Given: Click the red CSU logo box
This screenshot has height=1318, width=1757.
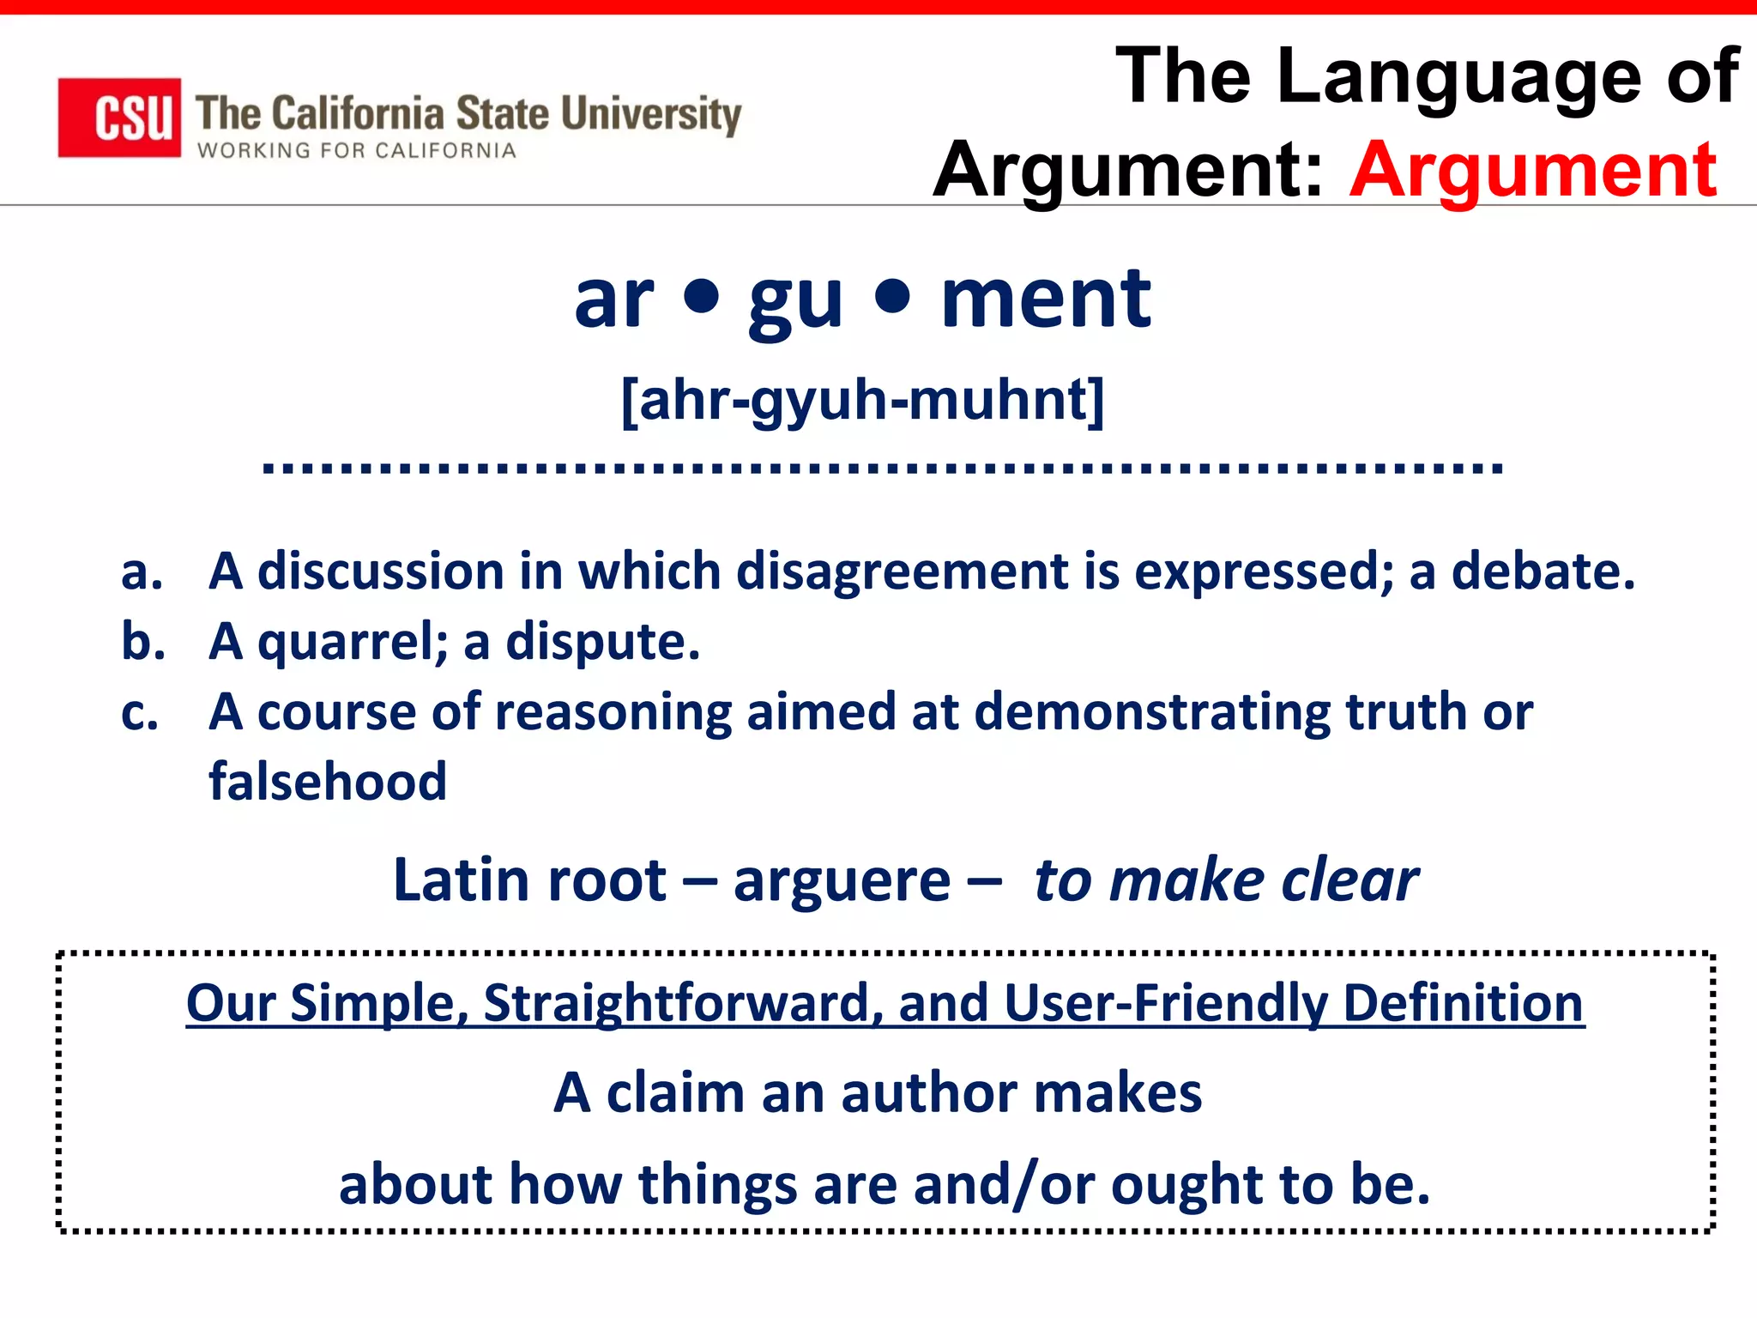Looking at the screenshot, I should point(119,118).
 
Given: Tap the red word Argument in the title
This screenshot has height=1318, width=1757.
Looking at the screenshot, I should point(1532,170).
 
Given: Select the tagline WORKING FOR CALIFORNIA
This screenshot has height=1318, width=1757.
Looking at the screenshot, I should point(357,151).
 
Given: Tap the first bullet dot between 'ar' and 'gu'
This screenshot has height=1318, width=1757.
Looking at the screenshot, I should point(702,297).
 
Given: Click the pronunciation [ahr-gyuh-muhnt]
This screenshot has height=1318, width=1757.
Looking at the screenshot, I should point(862,400).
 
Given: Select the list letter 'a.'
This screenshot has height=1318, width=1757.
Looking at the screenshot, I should point(142,572).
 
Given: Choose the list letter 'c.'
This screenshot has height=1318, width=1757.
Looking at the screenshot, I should point(140,712).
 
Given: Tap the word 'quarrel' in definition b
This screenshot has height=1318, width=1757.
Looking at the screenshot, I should point(352,643).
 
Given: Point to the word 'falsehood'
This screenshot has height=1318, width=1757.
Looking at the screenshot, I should point(328,782).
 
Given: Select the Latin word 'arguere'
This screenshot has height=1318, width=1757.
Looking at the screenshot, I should point(842,881).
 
